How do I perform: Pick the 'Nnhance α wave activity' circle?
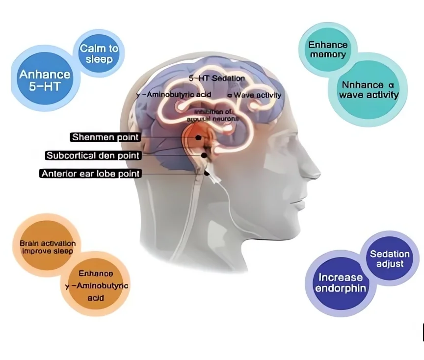coord(368,90)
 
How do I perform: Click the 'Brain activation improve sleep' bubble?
coord(47,247)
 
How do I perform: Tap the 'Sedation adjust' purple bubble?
coord(390,258)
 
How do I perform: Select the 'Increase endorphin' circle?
coord(341,283)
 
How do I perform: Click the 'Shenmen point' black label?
coord(106,137)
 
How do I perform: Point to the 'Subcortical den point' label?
coord(93,155)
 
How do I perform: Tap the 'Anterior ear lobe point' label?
coord(90,174)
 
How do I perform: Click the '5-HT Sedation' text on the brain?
coord(217,78)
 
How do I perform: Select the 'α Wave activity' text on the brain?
coord(254,95)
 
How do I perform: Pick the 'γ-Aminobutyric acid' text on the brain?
coord(173,94)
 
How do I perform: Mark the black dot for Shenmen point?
coord(198,138)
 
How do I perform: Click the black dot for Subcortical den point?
coord(204,155)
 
